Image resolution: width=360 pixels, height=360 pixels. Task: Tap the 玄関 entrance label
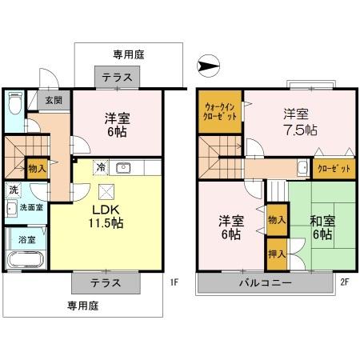click(x=54, y=101)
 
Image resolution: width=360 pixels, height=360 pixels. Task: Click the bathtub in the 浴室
click(x=26, y=261)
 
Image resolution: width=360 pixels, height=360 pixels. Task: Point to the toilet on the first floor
click(x=14, y=104)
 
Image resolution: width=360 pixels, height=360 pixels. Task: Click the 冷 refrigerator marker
click(x=101, y=168)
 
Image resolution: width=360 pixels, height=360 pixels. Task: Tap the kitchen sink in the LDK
click(x=124, y=168)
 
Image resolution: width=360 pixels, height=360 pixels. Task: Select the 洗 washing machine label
click(x=14, y=190)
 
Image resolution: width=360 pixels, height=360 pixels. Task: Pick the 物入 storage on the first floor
click(x=37, y=169)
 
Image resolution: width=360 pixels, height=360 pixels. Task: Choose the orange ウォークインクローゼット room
click(x=220, y=110)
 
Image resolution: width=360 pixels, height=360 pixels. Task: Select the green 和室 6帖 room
click(x=320, y=227)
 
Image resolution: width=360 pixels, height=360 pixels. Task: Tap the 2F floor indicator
click(x=345, y=282)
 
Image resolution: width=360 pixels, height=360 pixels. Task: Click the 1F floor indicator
click(x=173, y=282)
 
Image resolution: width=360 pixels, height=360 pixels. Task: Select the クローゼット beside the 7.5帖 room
click(x=329, y=169)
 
